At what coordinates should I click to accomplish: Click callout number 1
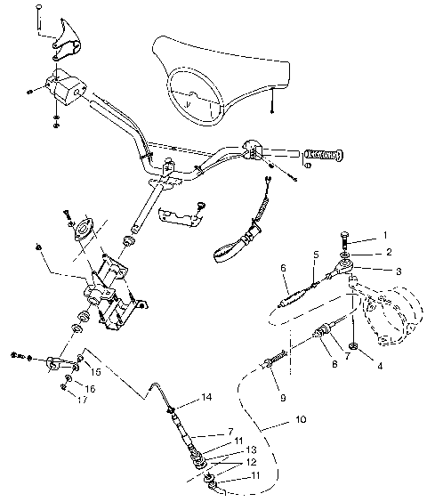point(385,235)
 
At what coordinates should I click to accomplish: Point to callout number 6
point(282,266)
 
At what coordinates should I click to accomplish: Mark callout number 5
point(315,255)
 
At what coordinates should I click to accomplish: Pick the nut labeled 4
point(355,345)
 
